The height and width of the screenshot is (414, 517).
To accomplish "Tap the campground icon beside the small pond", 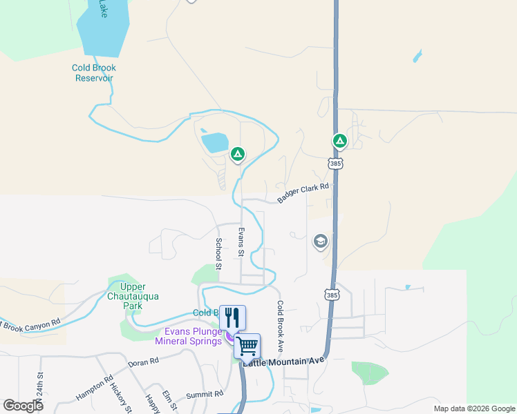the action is [237, 154].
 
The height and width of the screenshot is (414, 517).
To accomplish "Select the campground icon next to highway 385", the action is [339, 141].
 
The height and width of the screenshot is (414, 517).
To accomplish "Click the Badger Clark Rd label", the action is [303, 193].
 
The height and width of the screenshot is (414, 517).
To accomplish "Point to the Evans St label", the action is [241, 242].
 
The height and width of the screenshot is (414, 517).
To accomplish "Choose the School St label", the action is [218, 253].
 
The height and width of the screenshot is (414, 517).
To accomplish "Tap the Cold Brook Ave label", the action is [281, 326].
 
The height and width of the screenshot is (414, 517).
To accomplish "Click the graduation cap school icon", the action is [320, 241].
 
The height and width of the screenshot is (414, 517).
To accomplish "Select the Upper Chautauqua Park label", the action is [140, 296].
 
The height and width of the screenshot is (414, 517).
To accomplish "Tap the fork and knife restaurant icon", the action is [232, 317].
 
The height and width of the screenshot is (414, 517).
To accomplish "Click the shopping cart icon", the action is [247, 345].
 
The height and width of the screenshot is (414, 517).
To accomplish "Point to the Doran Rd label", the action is [144, 361].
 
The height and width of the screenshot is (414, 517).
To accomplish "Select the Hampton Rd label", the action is [94, 388].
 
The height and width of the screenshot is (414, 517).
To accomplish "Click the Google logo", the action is [23, 406].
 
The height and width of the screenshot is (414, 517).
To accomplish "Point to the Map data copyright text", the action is [475, 408].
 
